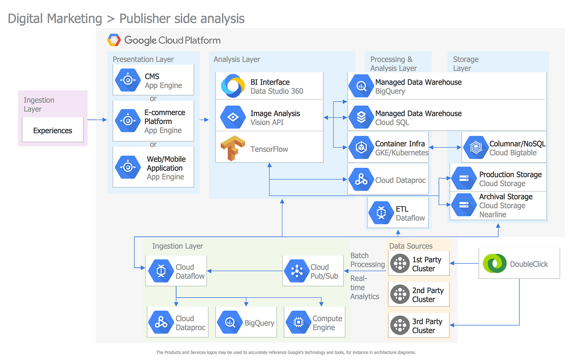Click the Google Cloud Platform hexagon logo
click(x=114, y=40)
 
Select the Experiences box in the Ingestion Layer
click(x=53, y=131)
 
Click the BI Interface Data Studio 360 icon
click(x=233, y=86)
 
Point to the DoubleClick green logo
click(x=494, y=263)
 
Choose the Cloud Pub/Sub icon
click(x=297, y=271)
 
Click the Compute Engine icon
click(x=298, y=322)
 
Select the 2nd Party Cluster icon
click(x=400, y=294)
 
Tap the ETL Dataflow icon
click(x=381, y=213)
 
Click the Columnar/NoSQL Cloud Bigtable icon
click(x=476, y=147)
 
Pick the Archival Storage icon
click(x=464, y=205)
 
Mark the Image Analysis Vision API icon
click(x=233, y=117)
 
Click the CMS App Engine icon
click(x=128, y=80)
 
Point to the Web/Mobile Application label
click(x=166, y=164)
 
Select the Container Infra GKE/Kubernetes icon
click(x=361, y=147)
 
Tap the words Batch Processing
click(x=367, y=260)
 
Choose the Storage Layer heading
click(x=465, y=64)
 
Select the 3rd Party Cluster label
click(x=427, y=326)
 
